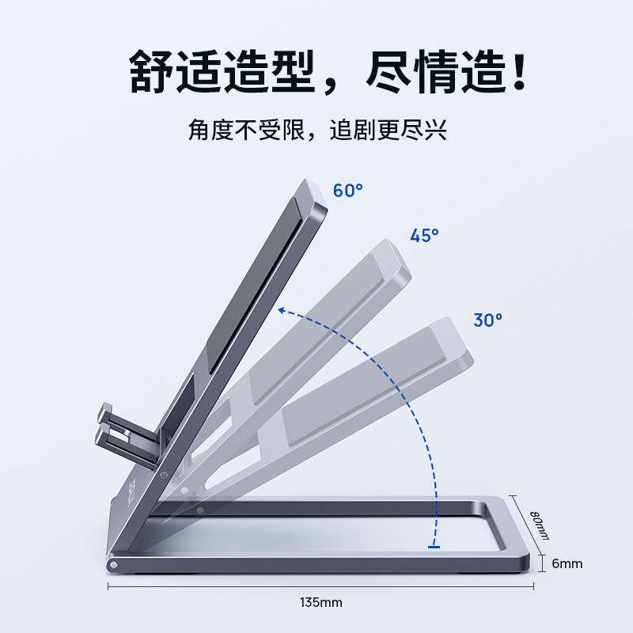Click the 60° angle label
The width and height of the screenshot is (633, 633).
point(347,191)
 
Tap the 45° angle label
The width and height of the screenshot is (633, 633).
point(424,235)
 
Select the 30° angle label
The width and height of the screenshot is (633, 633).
point(488,320)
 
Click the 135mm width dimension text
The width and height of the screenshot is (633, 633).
point(321,603)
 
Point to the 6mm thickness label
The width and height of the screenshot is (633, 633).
point(567,563)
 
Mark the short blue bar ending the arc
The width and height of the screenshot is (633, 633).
point(434,546)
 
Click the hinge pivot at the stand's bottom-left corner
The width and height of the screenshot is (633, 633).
point(114,566)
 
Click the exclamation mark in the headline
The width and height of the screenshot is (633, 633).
point(519,74)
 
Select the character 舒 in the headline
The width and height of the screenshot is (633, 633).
point(154,74)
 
